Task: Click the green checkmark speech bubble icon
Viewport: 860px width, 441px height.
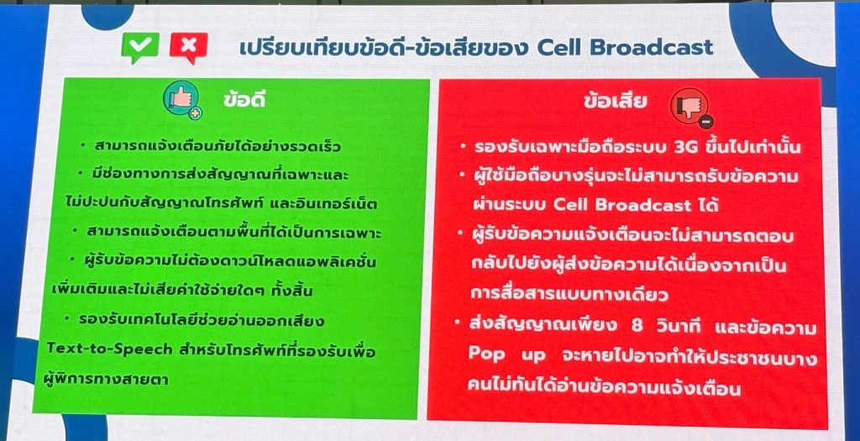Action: (140, 47)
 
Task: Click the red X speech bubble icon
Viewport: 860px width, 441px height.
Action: (189, 48)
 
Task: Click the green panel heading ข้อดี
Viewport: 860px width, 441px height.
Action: (244, 99)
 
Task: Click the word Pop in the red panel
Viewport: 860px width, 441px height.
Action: (486, 354)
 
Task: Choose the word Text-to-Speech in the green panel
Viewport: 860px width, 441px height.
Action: (109, 349)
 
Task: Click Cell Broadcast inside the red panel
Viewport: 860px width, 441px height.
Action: (622, 205)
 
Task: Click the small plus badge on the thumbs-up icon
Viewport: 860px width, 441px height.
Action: (195, 113)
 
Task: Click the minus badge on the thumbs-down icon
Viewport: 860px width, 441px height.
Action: (706, 122)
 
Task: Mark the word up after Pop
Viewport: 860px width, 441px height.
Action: (533, 355)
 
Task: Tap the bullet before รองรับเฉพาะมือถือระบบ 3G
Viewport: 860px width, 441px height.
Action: (464, 146)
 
